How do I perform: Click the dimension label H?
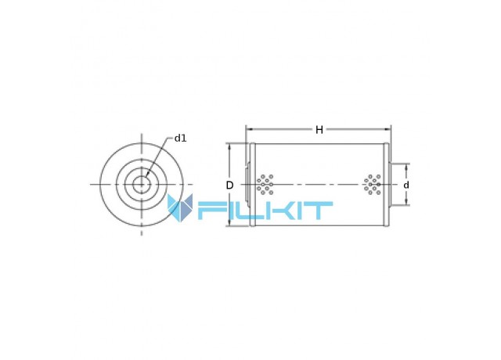[x=319, y=130]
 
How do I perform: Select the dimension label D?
[x=229, y=185]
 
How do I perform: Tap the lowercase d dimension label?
[x=406, y=185]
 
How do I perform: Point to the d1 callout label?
[x=180, y=139]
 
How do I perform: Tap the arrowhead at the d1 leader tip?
[x=147, y=174]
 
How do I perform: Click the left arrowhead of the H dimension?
[x=249, y=129]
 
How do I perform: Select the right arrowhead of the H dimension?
[x=387, y=129]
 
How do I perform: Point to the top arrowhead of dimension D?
[x=229, y=146]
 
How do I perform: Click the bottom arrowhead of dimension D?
[x=229, y=223]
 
